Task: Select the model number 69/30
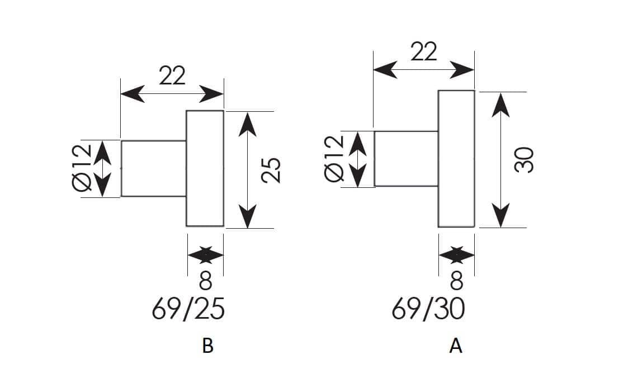(428, 309)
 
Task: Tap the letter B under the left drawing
(207, 346)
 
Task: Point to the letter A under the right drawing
(456, 346)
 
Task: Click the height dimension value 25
(271, 170)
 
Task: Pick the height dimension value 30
(525, 160)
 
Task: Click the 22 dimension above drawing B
(172, 75)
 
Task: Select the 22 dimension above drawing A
(423, 51)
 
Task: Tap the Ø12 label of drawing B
(82, 167)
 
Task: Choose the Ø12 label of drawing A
(334, 158)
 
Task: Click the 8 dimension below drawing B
(205, 281)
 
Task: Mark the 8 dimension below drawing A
(457, 281)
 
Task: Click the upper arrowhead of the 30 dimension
(500, 105)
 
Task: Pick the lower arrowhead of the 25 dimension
(248, 216)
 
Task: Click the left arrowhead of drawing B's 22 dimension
(133, 94)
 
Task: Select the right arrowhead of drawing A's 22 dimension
(462, 70)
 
